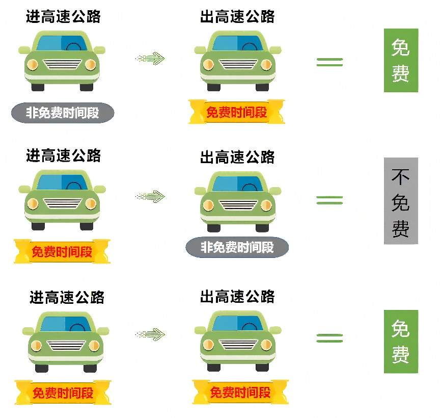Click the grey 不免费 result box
[401, 201]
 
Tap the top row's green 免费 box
[401, 61]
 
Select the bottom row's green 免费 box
[401, 342]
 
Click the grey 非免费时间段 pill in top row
[63, 113]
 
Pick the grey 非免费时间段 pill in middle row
[237, 247]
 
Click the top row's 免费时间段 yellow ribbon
[237, 112]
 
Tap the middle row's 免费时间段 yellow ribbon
[62, 251]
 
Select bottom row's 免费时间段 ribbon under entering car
[63, 393]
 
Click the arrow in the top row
[151, 59]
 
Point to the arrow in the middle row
[151, 196]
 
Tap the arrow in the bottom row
[151, 334]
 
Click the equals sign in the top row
[329, 62]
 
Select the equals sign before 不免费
[329, 200]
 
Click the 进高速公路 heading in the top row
[63, 17]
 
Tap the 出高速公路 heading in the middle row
[237, 156]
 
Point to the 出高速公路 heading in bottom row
[237, 296]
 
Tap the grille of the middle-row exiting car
[237, 204]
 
